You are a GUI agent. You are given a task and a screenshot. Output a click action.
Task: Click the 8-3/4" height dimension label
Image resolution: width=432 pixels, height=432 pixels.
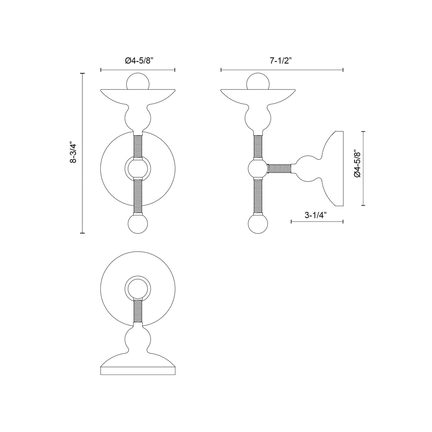(73, 152)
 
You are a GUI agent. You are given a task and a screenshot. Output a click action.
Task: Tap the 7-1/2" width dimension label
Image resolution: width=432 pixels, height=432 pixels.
(281, 61)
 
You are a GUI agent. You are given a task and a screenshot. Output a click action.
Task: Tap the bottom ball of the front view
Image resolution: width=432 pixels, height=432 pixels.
(138, 225)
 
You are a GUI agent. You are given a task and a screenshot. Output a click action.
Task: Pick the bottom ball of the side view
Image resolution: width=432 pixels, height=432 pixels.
(258, 225)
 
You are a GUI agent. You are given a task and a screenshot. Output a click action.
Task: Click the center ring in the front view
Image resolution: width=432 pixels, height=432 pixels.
(138, 168)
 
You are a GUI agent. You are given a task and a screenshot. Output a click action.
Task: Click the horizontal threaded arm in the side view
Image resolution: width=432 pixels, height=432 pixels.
(279, 169)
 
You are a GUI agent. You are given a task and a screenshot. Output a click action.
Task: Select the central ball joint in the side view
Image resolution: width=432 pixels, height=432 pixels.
(258, 169)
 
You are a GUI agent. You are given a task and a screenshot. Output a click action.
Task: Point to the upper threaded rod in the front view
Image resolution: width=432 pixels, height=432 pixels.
(138, 146)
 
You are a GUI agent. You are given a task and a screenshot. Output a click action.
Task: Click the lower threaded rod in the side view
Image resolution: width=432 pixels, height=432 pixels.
(258, 196)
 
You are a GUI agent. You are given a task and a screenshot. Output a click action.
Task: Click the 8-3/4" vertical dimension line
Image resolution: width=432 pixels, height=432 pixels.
(83, 191)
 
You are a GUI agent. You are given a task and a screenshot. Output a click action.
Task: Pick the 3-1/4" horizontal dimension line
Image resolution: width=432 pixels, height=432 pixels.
(317, 222)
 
